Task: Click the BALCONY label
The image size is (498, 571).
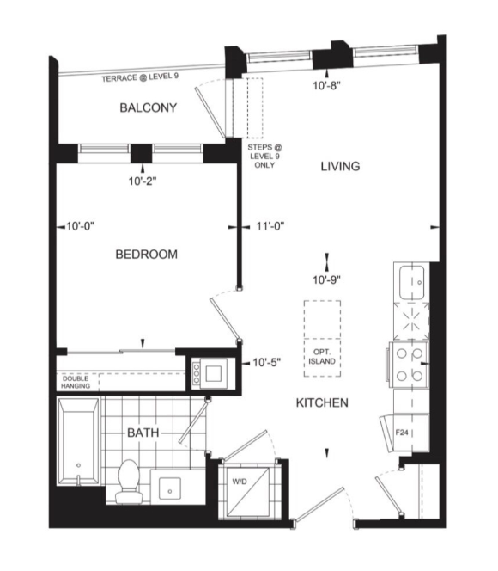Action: coord(149,107)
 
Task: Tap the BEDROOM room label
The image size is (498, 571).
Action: coord(147,255)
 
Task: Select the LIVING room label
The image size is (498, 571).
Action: coord(340,167)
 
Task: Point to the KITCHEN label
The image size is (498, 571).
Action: coord(322,402)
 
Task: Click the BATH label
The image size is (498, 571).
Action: coord(143,433)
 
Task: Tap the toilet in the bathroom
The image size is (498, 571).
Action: coord(128,482)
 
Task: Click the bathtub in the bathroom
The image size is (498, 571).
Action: coord(78,441)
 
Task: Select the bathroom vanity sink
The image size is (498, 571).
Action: coord(170,488)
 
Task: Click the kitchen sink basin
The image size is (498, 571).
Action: coord(412,283)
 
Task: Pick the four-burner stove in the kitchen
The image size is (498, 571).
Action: coord(409,365)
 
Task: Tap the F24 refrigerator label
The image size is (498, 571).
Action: coord(402,433)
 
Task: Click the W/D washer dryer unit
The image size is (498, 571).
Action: coord(248,491)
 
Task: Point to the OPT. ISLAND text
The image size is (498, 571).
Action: coord(322,357)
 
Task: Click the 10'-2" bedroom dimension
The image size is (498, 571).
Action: coord(143,181)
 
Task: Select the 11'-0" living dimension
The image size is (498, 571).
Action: coord(270,226)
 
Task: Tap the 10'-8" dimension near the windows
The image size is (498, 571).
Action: coord(327,86)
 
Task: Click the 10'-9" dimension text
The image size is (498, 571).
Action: coord(327,279)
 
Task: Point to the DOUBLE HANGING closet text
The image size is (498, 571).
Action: coord(76,383)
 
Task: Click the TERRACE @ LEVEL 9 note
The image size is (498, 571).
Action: coord(140,77)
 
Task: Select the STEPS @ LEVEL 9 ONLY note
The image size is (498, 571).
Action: coord(264,157)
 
